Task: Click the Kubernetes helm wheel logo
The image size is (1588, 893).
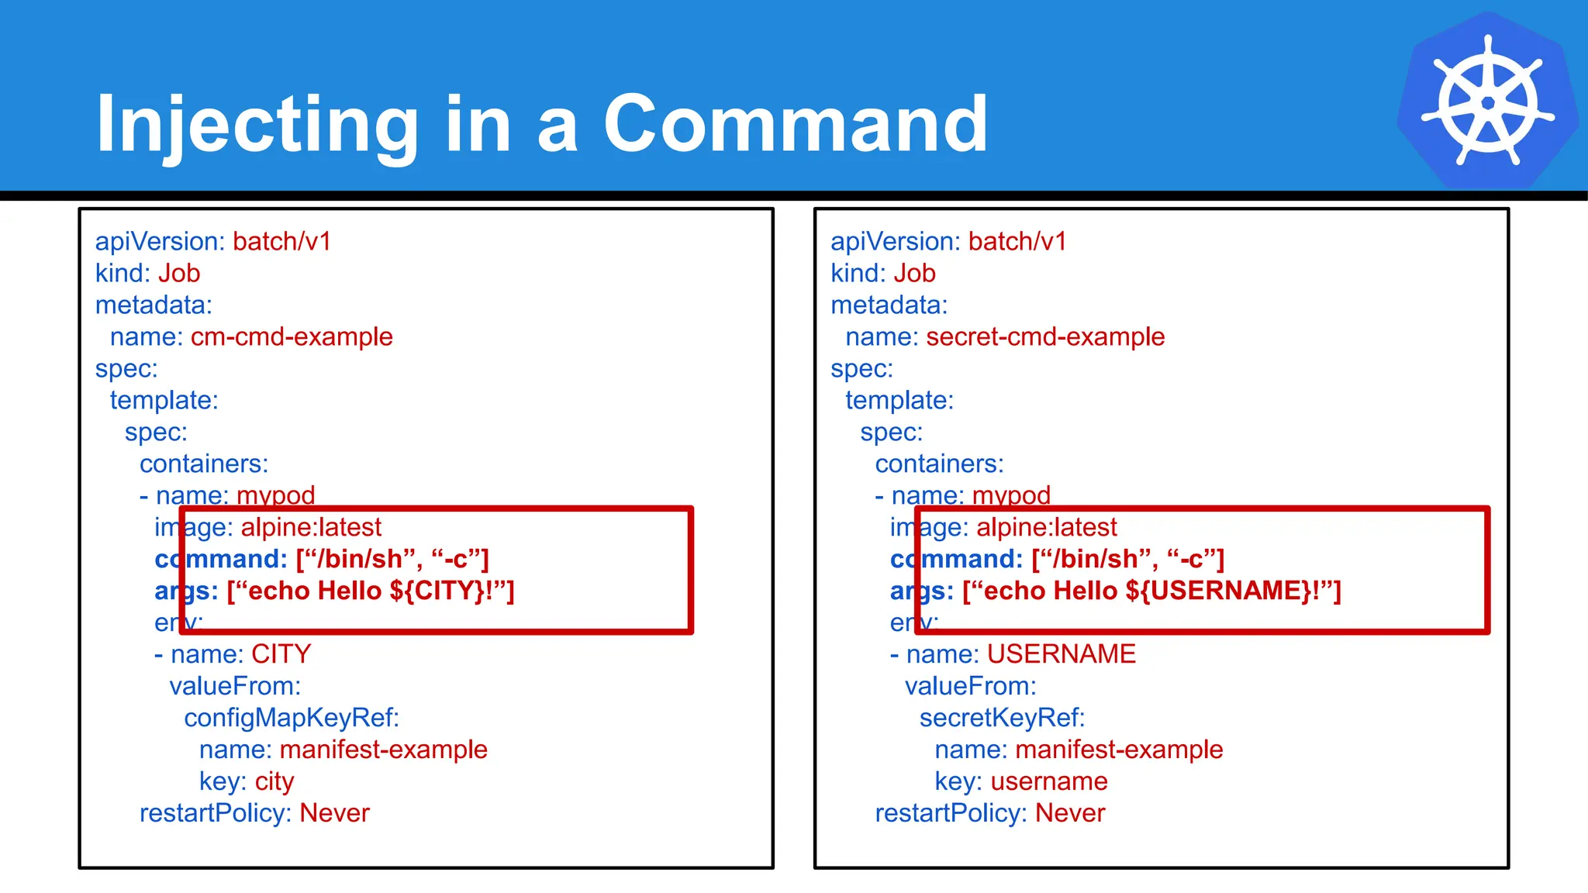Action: tap(1487, 101)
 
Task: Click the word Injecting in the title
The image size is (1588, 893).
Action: tap(257, 124)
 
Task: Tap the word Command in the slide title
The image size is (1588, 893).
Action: tap(795, 124)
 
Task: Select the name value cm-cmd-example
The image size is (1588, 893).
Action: tap(292, 337)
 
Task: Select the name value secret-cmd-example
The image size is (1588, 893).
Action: tap(1045, 337)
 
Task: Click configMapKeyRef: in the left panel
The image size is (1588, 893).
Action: tap(292, 719)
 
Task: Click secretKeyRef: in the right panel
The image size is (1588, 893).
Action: tap(1002, 719)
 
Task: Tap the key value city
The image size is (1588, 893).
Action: tap(274, 782)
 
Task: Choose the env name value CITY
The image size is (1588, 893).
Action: tap(281, 655)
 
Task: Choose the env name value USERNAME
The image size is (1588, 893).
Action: tap(1061, 655)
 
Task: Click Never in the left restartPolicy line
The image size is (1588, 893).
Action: tap(334, 814)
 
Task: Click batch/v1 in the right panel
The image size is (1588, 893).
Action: tap(1017, 242)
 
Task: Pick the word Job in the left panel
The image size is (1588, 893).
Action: tap(179, 274)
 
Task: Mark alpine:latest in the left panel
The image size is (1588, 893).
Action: tap(311, 528)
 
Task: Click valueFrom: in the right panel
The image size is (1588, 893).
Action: tap(970, 687)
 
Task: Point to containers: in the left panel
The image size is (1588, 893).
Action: tap(204, 464)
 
